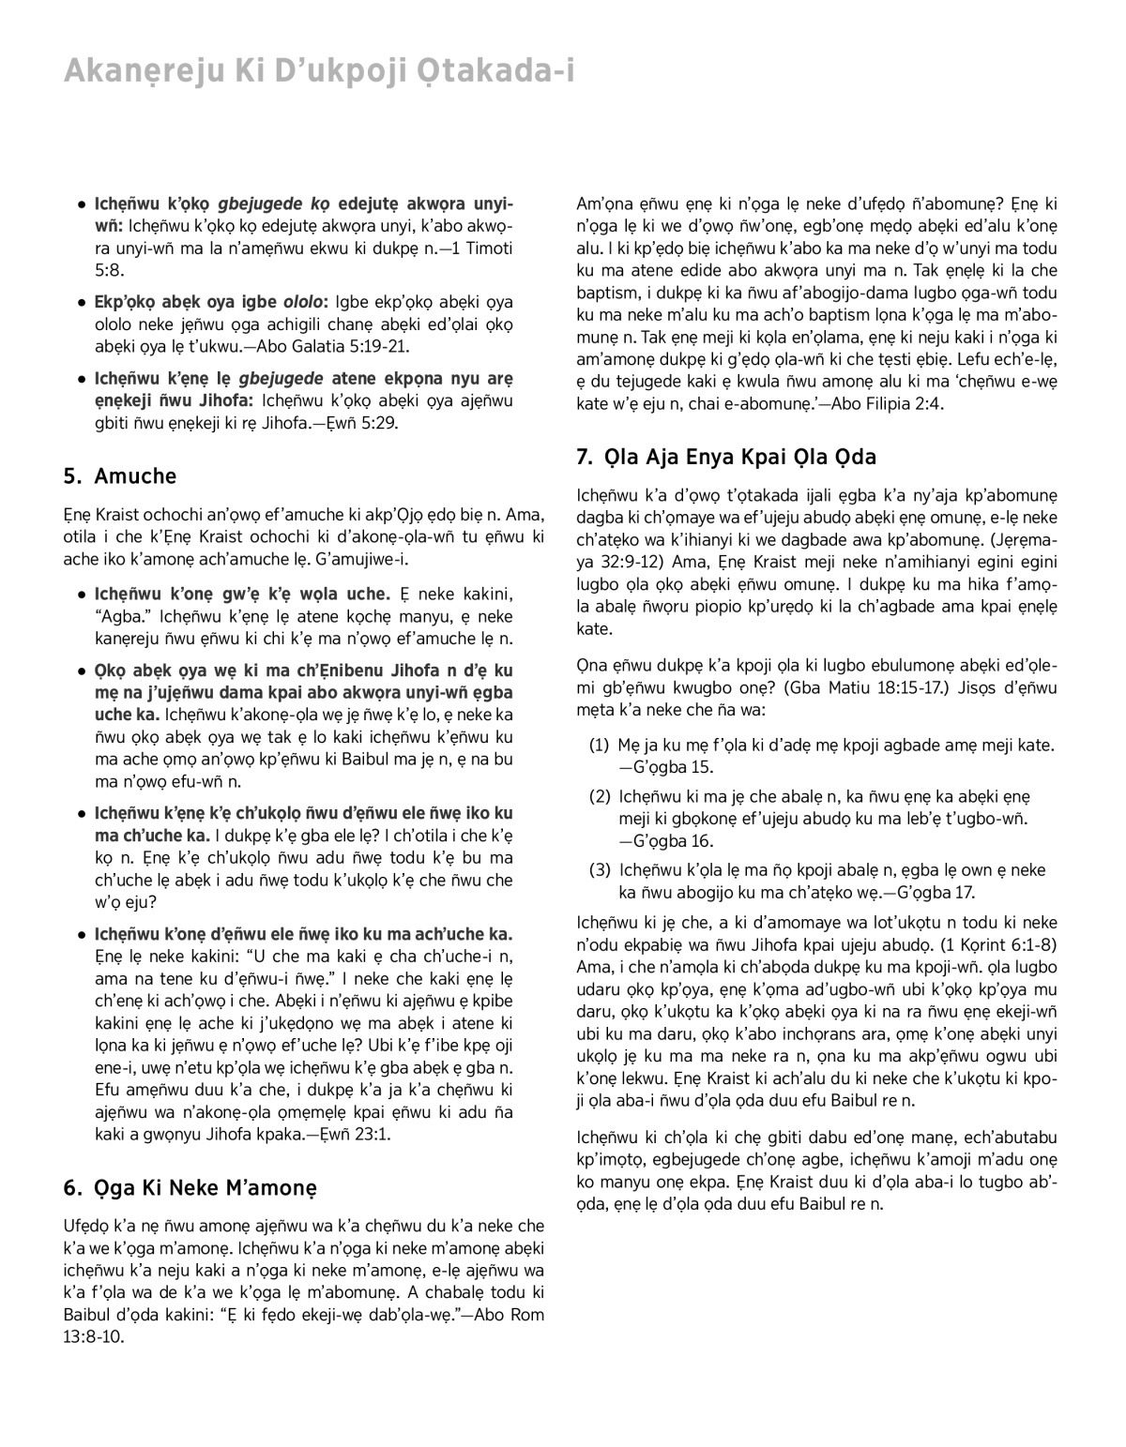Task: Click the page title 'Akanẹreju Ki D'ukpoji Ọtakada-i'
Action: coord(319,70)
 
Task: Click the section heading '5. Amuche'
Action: coord(120,476)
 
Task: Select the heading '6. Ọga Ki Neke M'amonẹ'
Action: coord(190,1188)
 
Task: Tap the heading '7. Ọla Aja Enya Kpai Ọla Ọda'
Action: coord(726,458)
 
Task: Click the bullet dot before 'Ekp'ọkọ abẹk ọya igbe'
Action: coord(84,304)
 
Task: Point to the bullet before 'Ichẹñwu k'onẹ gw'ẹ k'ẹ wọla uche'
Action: coord(84,595)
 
